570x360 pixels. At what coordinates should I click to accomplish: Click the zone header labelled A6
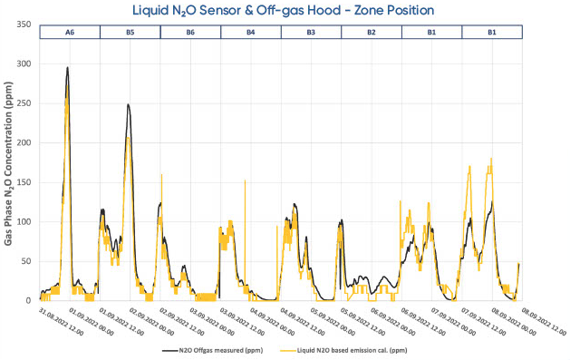69,32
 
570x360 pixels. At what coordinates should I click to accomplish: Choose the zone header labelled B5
130,32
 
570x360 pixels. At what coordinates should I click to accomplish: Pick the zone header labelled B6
189,32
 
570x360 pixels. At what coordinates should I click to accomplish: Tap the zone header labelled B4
250,32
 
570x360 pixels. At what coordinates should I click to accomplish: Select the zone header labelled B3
311,32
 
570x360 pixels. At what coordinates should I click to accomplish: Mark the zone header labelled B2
371,32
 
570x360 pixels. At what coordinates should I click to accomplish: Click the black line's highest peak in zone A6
67,67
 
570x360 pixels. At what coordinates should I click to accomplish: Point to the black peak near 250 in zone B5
129,104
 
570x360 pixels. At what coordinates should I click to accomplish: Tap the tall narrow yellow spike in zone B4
245,180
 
